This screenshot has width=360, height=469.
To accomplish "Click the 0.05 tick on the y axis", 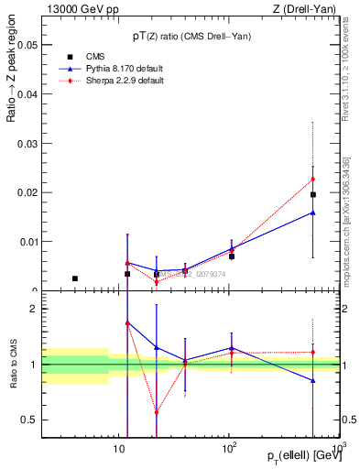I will click(x=27, y=44).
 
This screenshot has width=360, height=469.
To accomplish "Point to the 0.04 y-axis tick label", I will click(x=27, y=93).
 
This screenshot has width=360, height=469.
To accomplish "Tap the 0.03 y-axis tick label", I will click(x=27, y=143).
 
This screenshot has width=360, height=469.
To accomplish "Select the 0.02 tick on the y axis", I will click(x=27, y=192).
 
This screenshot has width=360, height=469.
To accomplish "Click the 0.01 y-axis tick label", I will click(x=27, y=242).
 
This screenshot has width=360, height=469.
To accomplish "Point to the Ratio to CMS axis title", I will click(x=14, y=365).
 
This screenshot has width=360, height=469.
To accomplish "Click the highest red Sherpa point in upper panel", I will click(x=312, y=179).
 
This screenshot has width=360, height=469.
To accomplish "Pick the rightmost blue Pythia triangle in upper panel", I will click(x=312, y=213).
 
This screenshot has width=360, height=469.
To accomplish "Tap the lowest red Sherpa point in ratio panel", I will click(x=157, y=412).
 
